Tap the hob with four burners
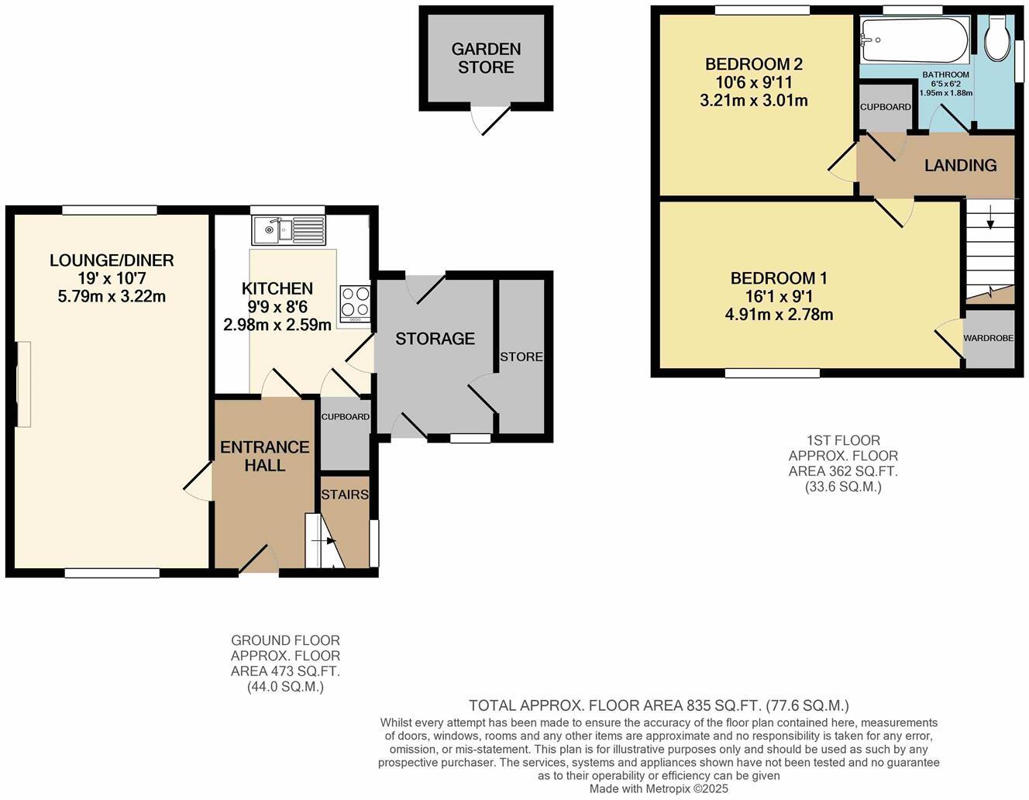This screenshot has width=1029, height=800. [356, 303]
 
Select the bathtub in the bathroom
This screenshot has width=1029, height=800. [914, 40]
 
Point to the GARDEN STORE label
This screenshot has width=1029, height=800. [486, 58]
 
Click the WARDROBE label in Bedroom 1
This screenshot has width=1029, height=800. [988, 338]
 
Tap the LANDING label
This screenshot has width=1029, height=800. [960, 165]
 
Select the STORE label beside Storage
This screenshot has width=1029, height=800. [521, 357]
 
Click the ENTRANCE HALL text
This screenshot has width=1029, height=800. [264, 456]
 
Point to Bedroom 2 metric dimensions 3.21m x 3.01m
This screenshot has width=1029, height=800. [753, 101]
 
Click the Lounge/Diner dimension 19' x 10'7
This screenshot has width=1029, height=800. [112, 278]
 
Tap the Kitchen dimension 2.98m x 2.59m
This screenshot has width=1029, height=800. [277, 325]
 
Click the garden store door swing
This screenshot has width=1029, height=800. [491, 119]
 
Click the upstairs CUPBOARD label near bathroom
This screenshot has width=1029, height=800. [885, 107]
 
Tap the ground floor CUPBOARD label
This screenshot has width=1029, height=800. [345, 417]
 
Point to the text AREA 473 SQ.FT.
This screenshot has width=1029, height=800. [284, 671]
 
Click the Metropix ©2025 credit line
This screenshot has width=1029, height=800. [659, 789]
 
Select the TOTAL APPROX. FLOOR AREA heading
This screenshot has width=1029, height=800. [659, 705]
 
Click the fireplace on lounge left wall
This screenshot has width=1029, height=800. [24, 384]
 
